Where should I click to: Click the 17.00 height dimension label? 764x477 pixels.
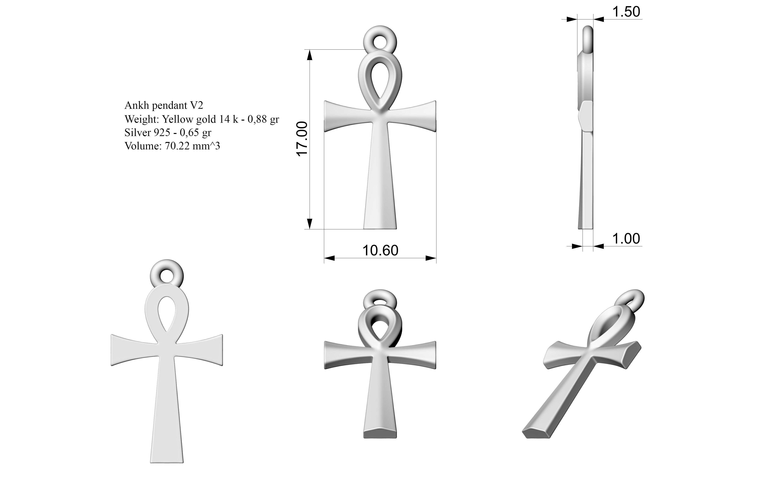click(x=302, y=139)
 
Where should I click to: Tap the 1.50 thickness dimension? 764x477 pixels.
click(x=626, y=12)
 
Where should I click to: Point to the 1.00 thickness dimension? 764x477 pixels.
click(x=626, y=239)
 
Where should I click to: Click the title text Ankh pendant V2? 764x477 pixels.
click(x=164, y=105)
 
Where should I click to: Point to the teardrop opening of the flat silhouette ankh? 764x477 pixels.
click(x=167, y=314)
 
